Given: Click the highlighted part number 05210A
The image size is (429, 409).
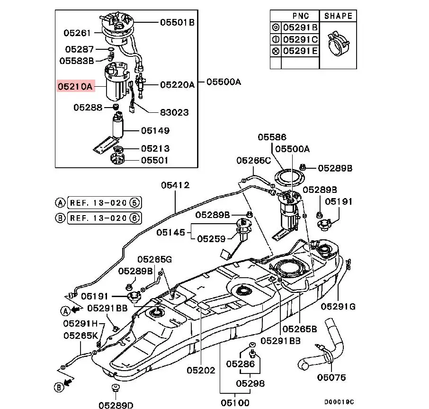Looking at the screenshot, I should [x=75, y=87].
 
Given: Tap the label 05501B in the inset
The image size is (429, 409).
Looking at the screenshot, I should [x=177, y=22].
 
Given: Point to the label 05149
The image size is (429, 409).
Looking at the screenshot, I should [x=155, y=130].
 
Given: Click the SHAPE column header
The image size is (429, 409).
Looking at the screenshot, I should [x=338, y=16].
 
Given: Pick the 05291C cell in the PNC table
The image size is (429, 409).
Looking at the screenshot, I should [x=300, y=39].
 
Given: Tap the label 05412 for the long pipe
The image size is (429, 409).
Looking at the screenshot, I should [x=175, y=185].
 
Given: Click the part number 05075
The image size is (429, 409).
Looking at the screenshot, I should [x=331, y=378].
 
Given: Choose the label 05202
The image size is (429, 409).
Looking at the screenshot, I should [x=200, y=371].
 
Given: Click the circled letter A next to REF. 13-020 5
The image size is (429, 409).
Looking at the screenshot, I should [x=60, y=203].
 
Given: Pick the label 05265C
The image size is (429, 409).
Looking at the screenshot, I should [x=253, y=161].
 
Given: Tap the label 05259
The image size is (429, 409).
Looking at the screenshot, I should [x=211, y=239].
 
